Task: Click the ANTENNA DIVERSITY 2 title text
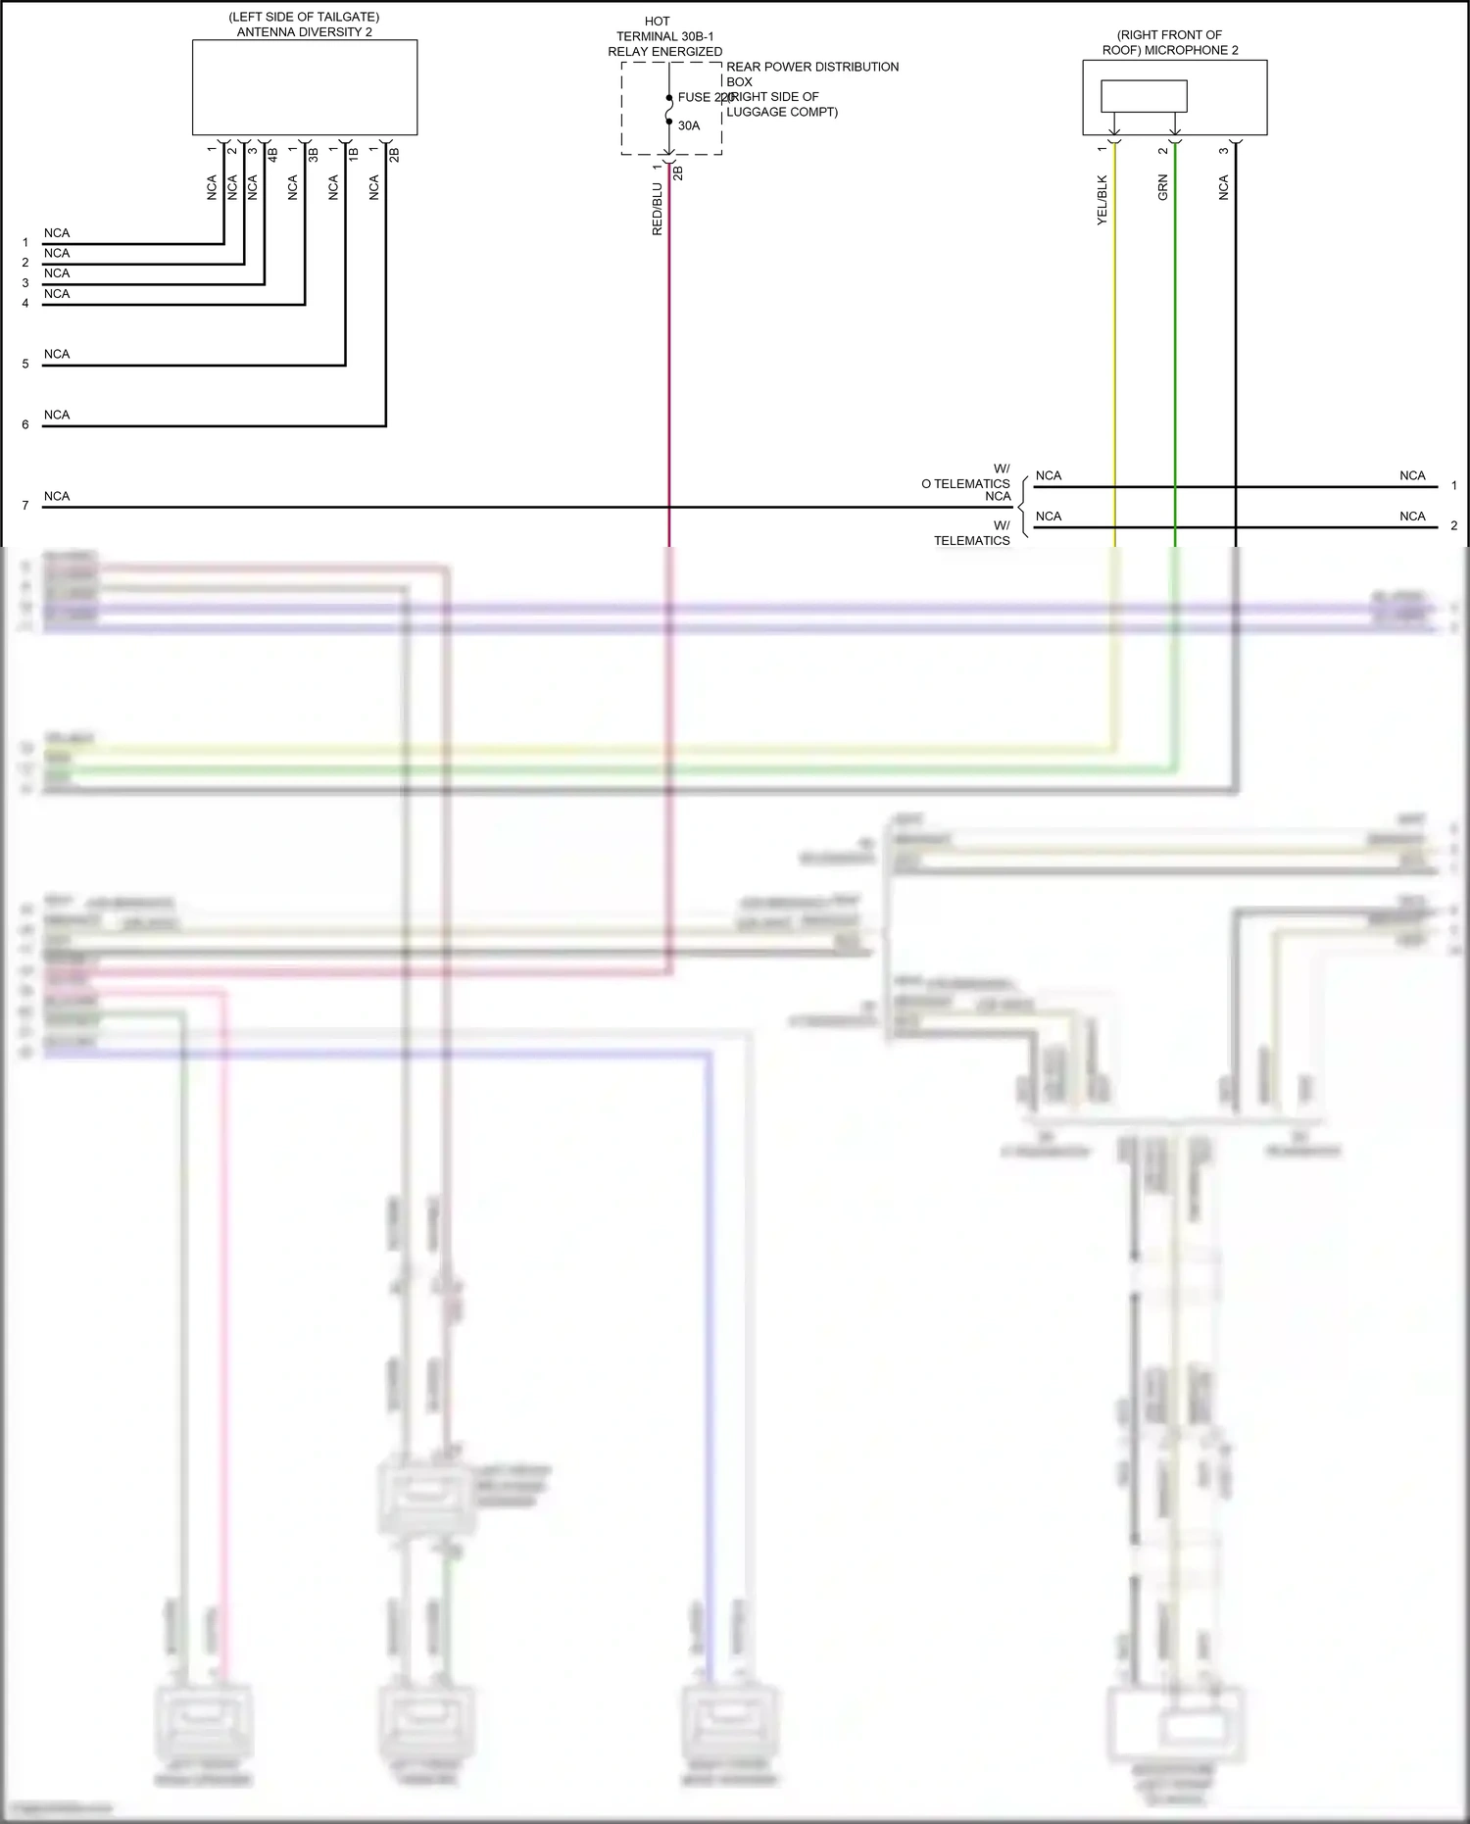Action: (304, 32)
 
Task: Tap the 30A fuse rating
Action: (689, 125)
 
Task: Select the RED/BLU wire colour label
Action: (658, 209)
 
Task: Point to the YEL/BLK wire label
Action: (1102, 200)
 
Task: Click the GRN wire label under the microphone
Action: (1163, 187)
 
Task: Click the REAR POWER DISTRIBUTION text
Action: (811, 67)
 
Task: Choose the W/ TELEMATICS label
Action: (972, 533)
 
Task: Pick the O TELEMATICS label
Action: (965, 483)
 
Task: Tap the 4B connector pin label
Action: (273, 155)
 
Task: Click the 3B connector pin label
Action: (314, 155)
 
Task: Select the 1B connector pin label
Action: (354, 154)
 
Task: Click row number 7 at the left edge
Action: (25, 506)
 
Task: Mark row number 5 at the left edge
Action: (25, 365)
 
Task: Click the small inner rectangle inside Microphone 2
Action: (1144, 96)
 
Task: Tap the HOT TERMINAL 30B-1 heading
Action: (664, 36)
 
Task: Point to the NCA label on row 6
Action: (57, 415)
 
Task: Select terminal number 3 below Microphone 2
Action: (1223, 151)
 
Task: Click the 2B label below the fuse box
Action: (678, 173)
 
